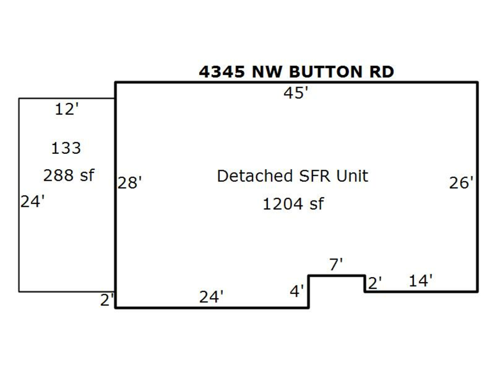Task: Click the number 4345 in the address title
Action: (x=222, y=72)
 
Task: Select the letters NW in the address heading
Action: (x=267, y=72)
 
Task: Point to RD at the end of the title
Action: (x=382, y=72)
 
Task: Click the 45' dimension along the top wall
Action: (x=295, y=93)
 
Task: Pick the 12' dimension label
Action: (x=67, y=110)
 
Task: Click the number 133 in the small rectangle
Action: (x=66, y=148)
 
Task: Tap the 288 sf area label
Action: (x=69, y=175)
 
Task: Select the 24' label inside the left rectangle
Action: (x=32, y=202)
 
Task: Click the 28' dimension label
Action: (x=129, y=183)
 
